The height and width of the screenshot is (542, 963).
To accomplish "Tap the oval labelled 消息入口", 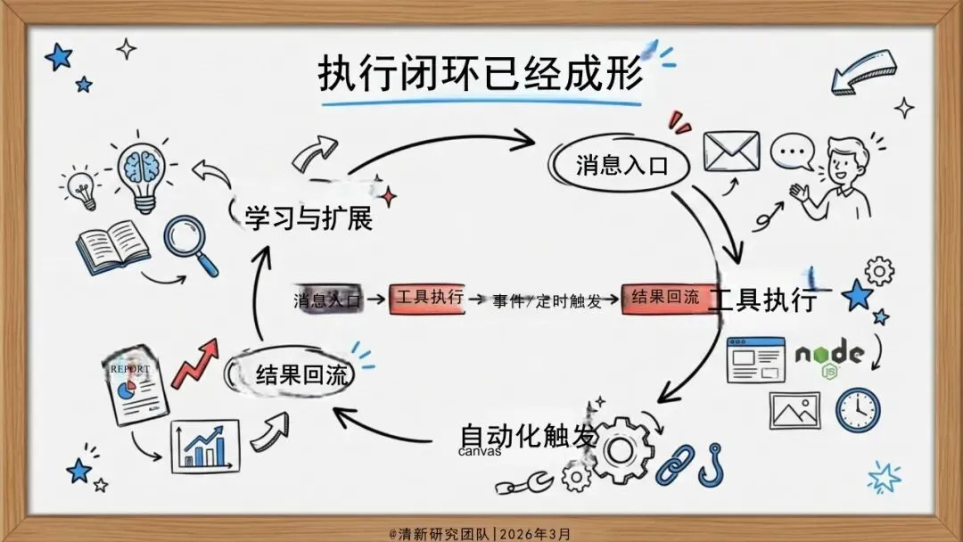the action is [621, 165].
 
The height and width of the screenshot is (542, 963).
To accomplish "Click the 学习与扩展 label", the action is [309, 218].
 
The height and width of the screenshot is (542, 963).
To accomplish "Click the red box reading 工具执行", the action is [427, 300].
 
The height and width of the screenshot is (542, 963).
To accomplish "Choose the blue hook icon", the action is [711, 464].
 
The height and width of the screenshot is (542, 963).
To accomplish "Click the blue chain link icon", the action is [676, 462].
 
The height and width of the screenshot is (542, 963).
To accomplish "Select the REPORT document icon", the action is [136, 388].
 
